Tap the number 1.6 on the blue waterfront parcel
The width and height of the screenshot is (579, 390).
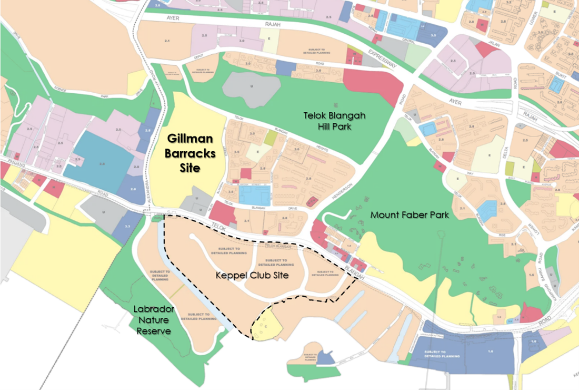pyautogui.click(x=491, y=350)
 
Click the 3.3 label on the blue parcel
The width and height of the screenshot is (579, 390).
pyautogui.click(x=127, y=226)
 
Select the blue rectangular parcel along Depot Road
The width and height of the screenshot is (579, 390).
pyautogui.click(x=286, y=67)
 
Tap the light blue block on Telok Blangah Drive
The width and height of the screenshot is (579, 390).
pyautogui.click(x=255, y=194)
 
